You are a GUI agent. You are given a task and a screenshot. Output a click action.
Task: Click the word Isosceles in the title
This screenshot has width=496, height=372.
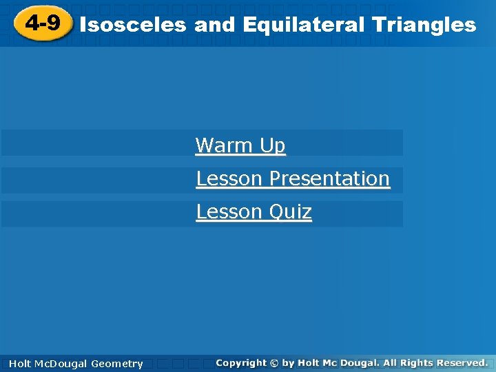coord(133,25)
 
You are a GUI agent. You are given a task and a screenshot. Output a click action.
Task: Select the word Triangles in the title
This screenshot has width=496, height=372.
coord(423,25)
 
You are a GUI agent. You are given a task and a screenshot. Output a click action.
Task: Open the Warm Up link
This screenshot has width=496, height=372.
coord(240,145)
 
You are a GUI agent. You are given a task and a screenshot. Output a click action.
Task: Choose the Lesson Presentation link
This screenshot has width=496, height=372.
coord(293,178)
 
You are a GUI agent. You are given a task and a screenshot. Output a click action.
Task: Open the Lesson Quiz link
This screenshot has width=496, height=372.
coord(254,211)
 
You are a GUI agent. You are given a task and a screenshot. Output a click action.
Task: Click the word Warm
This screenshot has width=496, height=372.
coord(225,145)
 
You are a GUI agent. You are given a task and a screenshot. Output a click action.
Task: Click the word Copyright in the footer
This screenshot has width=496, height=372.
coord(240,362)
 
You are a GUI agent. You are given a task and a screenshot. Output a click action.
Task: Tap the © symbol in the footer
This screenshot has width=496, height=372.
coord(275,362)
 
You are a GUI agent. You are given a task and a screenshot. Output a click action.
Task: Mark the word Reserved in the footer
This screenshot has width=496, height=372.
coord(461,362)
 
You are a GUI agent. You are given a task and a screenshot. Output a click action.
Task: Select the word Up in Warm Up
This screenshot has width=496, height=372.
coord(272,145)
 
